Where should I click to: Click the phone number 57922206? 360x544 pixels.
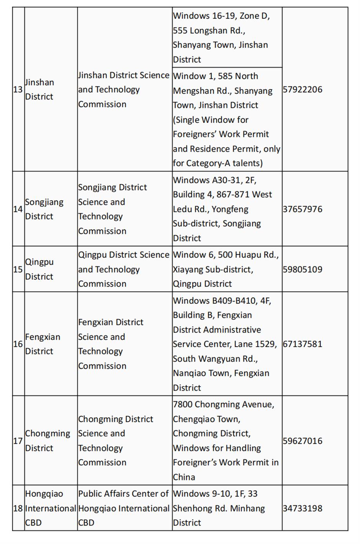303,90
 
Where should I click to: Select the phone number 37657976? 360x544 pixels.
303,209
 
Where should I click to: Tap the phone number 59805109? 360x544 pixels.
303,269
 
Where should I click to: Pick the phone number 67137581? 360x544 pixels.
303,344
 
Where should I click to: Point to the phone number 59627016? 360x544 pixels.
303,441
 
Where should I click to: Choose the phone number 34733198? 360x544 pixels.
303,508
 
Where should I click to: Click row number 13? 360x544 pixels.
18,90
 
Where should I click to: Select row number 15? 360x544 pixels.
18,269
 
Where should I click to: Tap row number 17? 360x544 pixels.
18,441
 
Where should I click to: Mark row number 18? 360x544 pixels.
18,508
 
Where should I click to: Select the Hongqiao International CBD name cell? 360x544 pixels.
50,508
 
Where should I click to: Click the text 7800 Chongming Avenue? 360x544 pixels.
223,405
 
